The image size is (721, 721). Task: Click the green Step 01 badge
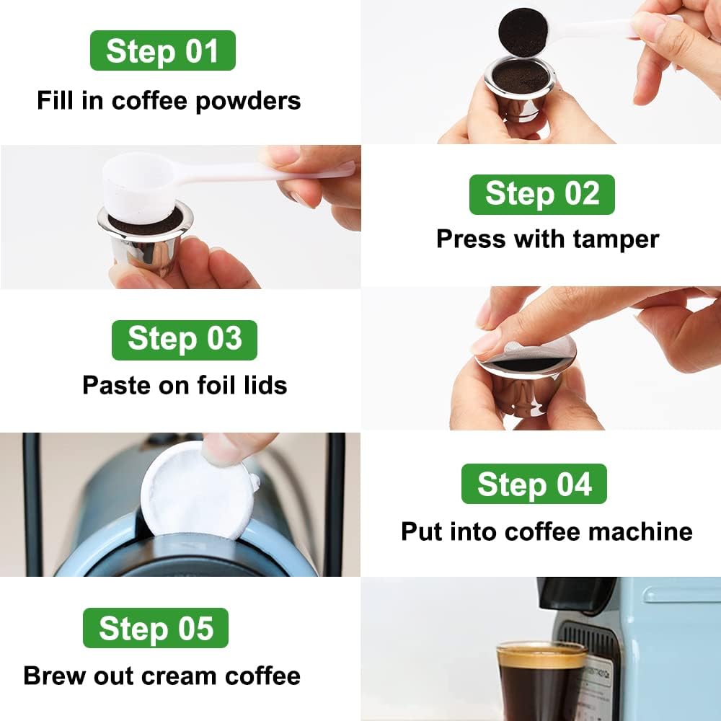point(162,50)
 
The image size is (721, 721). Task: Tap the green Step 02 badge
point(541,195)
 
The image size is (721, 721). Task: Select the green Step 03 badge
point(184,340)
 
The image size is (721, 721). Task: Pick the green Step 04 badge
point(534,484)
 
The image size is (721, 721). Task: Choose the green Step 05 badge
point(156,628)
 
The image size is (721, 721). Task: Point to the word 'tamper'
point(616,239)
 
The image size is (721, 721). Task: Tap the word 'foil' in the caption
point(206,384)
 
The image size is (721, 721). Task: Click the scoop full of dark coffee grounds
point(523,32)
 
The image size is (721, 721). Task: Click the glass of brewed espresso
point(541,681)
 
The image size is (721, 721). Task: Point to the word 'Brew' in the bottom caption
point(53,676)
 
